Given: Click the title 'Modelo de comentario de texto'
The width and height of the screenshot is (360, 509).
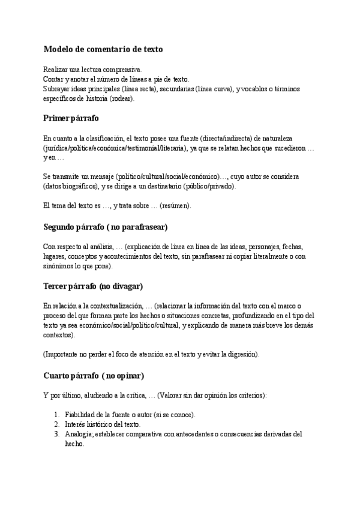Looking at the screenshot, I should (x=103, y=49).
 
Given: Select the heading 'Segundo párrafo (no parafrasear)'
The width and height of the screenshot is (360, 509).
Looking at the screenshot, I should (x=105, y=227).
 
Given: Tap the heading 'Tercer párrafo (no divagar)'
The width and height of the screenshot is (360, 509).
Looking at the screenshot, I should (x=93, y=286).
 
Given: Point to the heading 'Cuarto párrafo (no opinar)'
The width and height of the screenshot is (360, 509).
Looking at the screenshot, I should (x=94, y=376).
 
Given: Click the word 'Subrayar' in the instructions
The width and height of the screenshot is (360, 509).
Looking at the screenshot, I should (x=56, y=89).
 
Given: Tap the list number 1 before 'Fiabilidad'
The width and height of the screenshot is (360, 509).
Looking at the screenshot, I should (x=56, y=415).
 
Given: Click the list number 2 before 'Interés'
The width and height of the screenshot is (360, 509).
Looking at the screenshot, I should (x=56, y=424).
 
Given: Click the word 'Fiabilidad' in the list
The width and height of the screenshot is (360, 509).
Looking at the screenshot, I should (x=81, y=415).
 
